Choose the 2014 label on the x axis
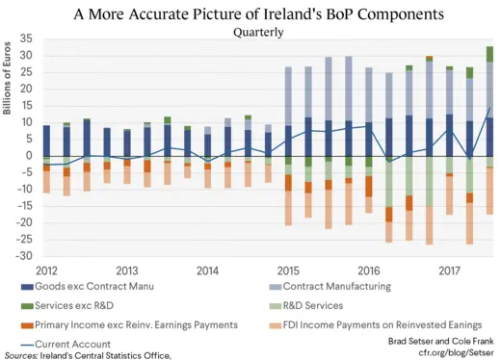(208, 270)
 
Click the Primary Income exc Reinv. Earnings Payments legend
(129, 325)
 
